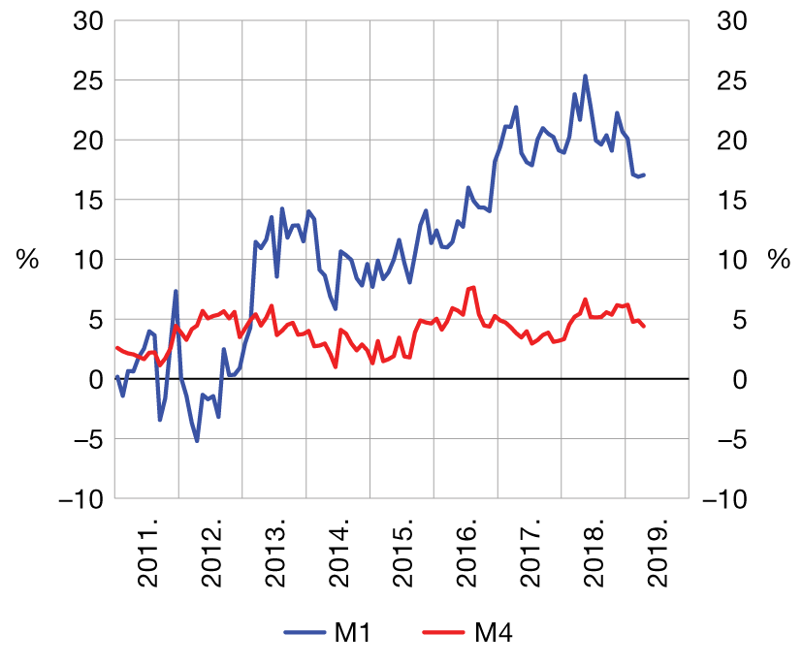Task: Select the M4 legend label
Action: click(493, 635)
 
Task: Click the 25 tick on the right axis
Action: click(729, 80)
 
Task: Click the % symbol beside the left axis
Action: click(27, 260)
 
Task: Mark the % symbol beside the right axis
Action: click(778, 260)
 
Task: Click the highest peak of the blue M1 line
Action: click(585, 76)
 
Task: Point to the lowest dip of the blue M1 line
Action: click(197, 441)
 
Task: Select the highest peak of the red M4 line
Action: click(473, 287)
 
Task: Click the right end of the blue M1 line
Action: click(644, 174)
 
